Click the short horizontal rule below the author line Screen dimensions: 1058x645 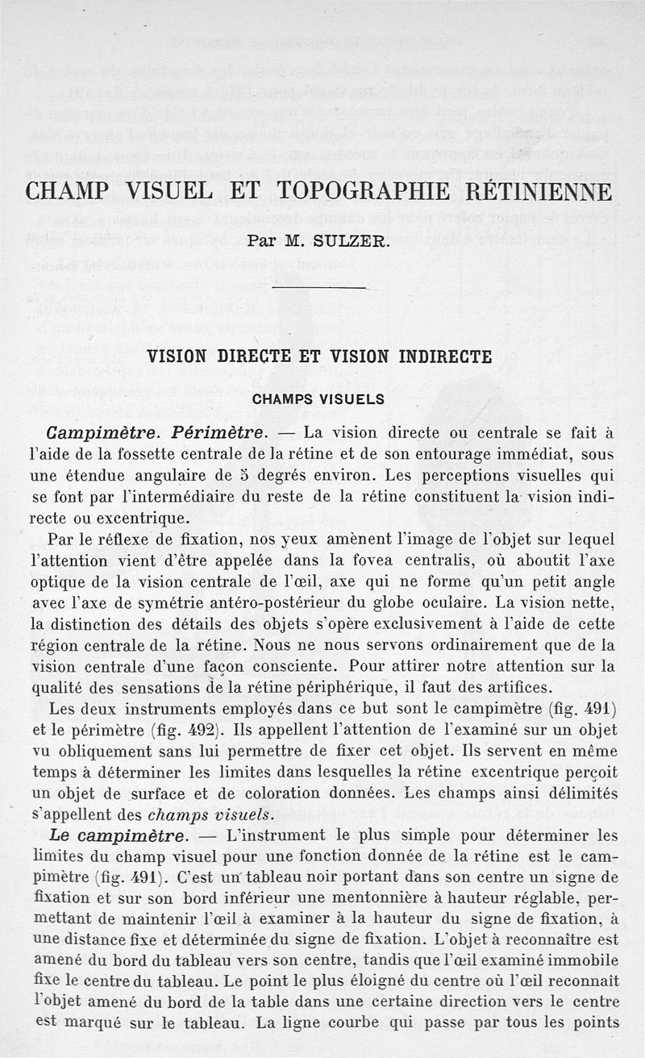click(x=320, y=287)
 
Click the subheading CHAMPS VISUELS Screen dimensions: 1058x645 click(x=318, y=399)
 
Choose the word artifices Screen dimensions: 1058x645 click(x=511, y=687)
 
